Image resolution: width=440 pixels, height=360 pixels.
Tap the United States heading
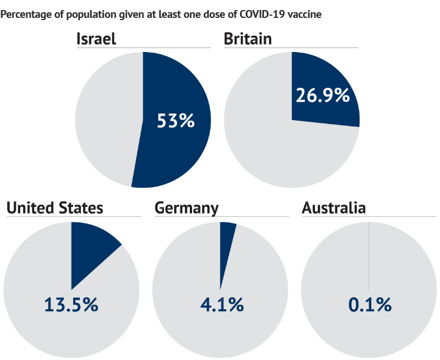click(55, 208)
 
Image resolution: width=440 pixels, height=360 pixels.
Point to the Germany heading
click(186, 208)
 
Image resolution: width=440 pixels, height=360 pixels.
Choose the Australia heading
click(333, 208)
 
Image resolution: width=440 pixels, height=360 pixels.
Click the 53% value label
click(175, 120)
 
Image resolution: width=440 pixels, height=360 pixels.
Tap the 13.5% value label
click(71, 305)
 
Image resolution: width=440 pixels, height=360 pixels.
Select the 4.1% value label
click(221, 305)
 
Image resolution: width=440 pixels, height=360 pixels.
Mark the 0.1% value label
click(370, 305)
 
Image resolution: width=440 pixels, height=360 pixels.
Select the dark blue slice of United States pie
click(89, 247)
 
